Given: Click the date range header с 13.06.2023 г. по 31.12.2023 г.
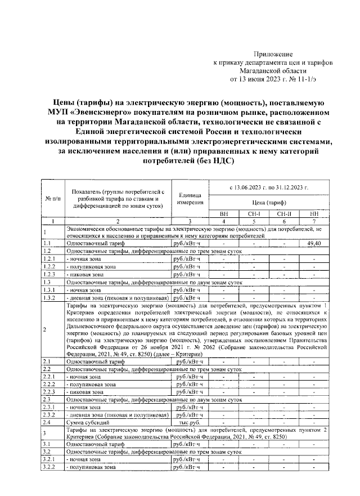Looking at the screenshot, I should (x=268, y=186).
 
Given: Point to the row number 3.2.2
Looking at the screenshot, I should (x=49, y=467).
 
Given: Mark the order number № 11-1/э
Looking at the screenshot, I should (x=303, y=79).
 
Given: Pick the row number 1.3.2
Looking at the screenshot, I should (x=49, y=297).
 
